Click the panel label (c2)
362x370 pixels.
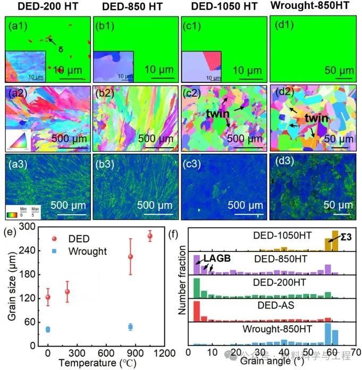[x=194, y=96]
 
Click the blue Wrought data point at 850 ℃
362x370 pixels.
[x=130, y=327]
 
